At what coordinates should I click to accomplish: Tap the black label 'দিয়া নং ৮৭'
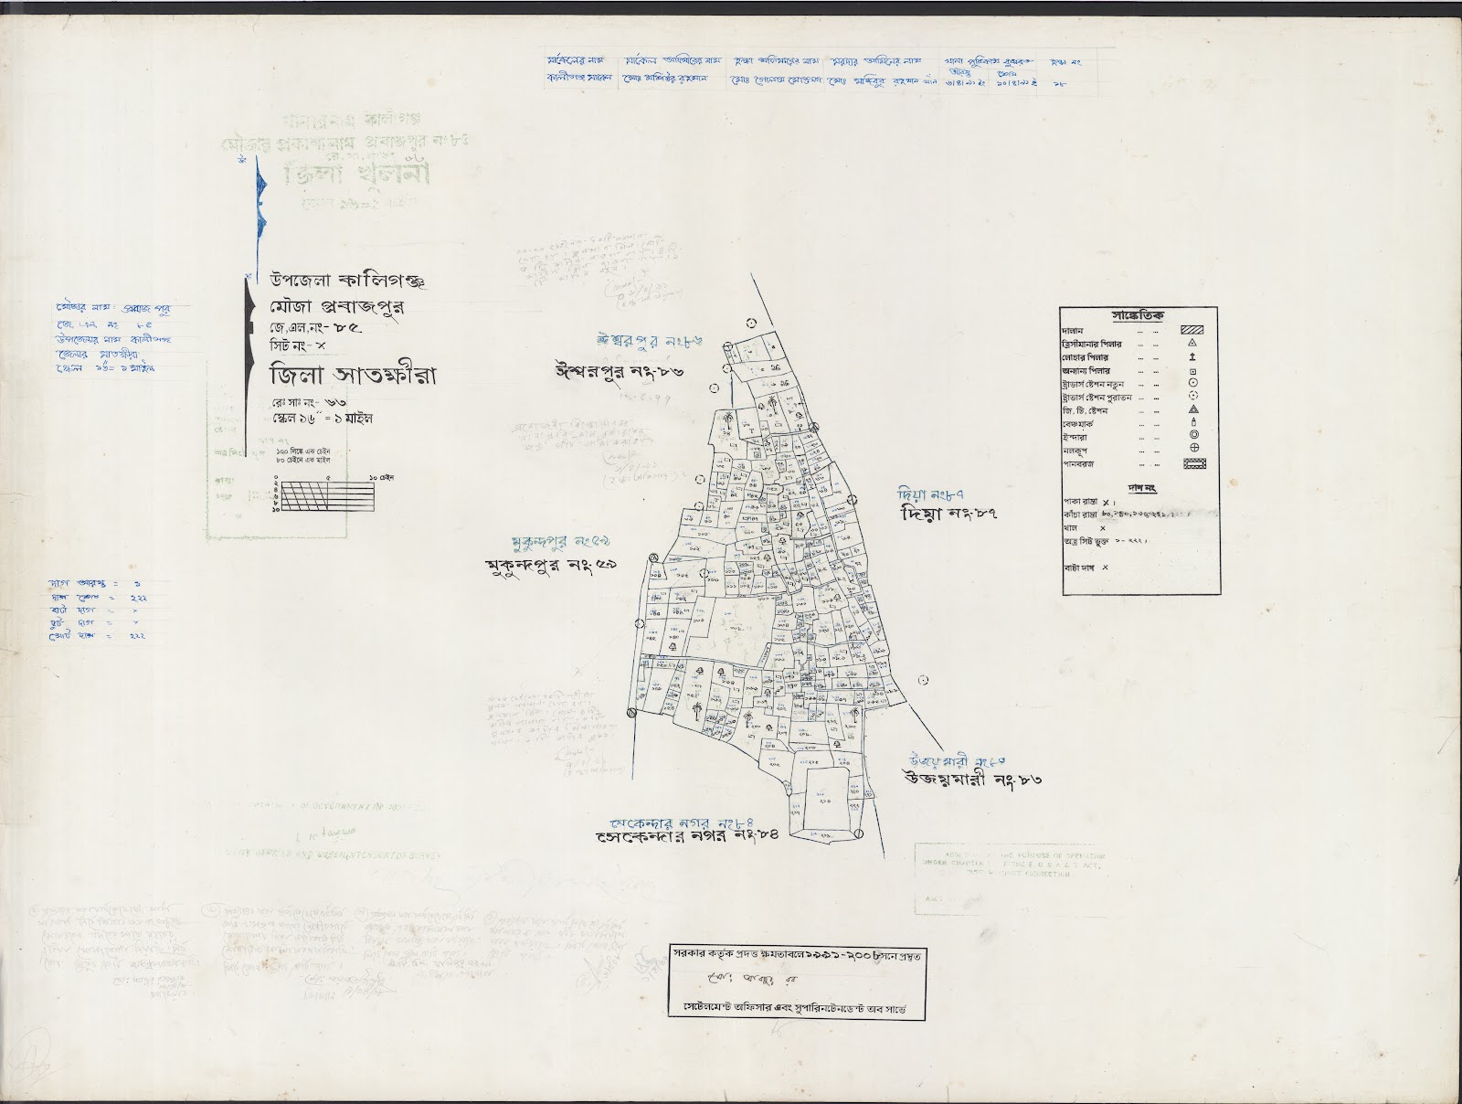click(x=947, y=514)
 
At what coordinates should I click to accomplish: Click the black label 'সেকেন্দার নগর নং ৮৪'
click(x=685, y=835)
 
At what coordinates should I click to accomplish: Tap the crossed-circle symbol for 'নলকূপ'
click(x=1194, y=448)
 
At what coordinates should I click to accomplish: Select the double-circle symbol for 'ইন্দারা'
click(x=1194, y=435)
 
